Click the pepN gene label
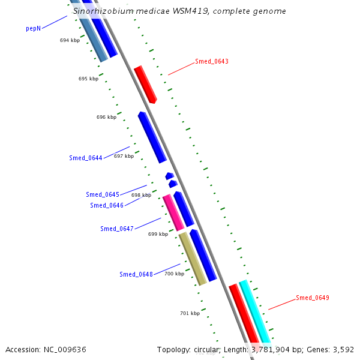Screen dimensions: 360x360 (34, 28)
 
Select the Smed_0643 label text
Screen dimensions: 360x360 (212, 62)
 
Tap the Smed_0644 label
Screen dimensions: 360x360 (86, 158)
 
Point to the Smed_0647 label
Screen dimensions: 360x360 (117, 229)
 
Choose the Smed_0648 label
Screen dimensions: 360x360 (136, 274)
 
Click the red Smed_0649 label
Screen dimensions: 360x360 (313, 298)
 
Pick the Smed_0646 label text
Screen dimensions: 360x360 (107, 205)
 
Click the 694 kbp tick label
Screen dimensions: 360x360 (70, 40)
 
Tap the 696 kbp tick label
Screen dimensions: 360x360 (106, 118)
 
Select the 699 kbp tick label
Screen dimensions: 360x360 (158, 234)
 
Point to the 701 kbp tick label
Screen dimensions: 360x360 (190, 313)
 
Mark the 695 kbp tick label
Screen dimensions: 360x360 (88, 79)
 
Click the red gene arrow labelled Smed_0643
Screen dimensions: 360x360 (145, 84)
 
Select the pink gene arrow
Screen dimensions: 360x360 (173, 212)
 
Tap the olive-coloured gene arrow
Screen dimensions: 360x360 (193, 259)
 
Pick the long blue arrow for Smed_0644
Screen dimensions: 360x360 (152, 137)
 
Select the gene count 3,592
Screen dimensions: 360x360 (342, 349)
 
